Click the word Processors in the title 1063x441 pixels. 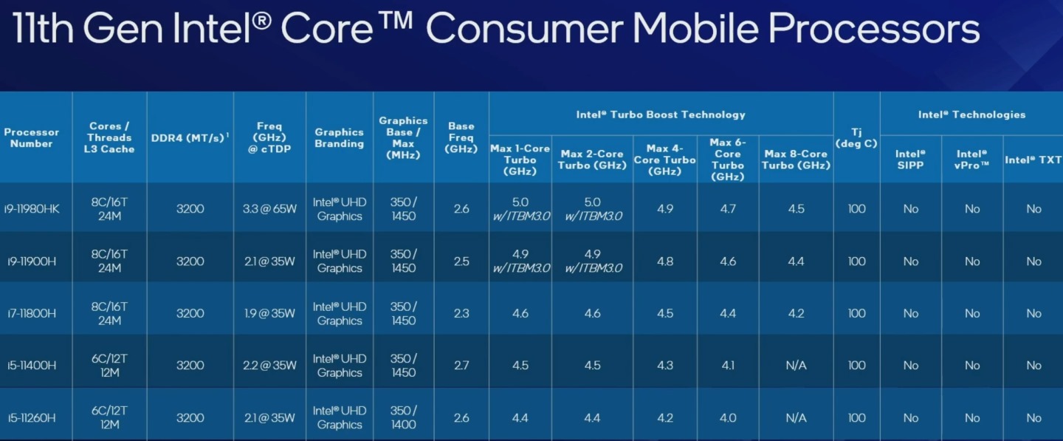click(874, 28)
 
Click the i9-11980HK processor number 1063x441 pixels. click(32, 209)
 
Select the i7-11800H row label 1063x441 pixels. click(32, 313)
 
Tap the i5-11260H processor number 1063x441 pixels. click(32, 418)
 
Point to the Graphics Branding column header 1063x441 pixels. click(340, 137)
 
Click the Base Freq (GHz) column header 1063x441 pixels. click(461, 137)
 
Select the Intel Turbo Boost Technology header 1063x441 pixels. click(661, 114)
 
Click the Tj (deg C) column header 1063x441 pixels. click(856, 137)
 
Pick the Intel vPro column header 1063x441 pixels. click(972, 160)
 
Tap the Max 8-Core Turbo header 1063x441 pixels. click(796, 160)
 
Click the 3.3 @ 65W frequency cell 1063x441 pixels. click(269, 209)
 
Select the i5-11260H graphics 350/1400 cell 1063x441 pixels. click(403, 418)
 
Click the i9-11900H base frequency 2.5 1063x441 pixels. click(461, 261)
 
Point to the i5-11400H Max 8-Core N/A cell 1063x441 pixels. click(796, 366)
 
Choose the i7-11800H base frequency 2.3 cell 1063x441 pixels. click(461, 313)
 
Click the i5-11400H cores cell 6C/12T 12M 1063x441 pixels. click(109, 366)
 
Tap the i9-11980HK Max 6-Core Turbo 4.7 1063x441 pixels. click(728, 209)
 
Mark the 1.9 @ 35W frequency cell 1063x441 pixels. click(269, 313)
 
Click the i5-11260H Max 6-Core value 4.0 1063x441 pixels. click(728, 418)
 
